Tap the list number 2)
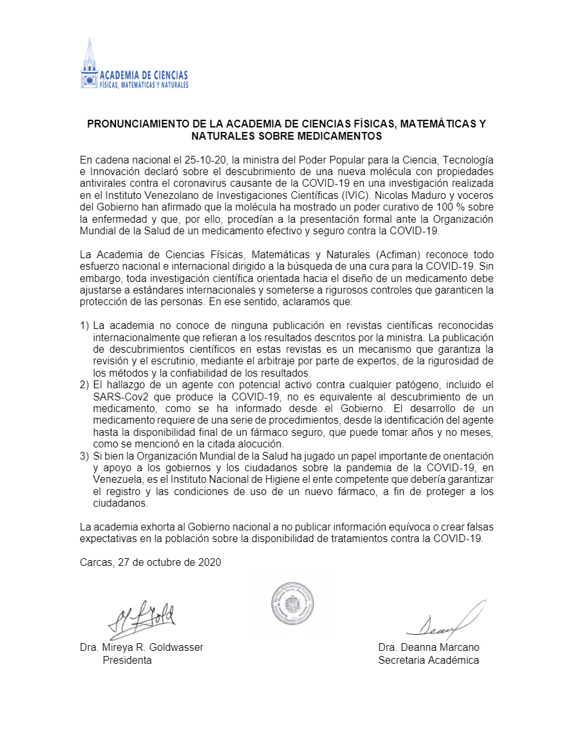[84, 385]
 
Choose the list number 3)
[84, 456]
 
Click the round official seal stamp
[292, 603]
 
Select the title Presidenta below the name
[127, 660]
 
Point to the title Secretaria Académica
[428, 660]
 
